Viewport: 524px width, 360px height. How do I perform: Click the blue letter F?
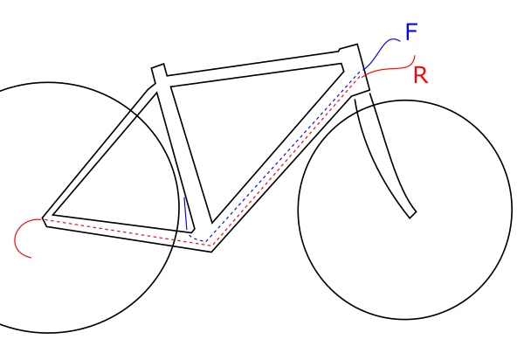(x=411, y=33)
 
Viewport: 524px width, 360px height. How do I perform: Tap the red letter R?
(x=421, y=75)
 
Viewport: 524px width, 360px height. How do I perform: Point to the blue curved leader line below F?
(x=381, y=51)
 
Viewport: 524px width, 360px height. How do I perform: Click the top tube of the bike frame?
(x=253, y=66)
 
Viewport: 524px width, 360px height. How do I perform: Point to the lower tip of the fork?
(x=411, y=212)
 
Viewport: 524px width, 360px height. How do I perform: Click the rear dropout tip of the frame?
(x=46, y=215)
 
